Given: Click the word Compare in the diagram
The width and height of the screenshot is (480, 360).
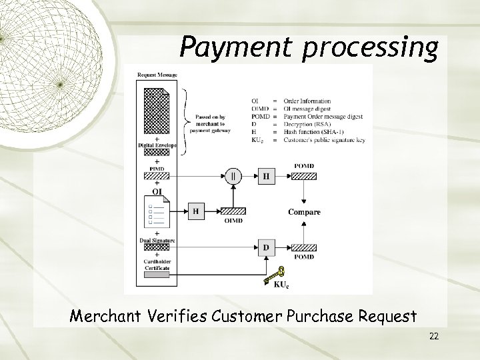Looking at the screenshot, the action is tap(304, 213).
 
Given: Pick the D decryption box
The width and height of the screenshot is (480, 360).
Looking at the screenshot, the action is tap(266, 248).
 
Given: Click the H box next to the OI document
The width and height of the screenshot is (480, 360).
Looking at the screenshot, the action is tap(196, 211).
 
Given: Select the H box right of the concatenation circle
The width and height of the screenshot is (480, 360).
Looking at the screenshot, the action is tap(266, 177).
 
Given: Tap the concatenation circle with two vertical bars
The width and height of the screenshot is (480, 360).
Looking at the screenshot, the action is tap(233, 177).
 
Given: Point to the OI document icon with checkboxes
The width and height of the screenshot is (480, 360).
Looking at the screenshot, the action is tap(155, 211).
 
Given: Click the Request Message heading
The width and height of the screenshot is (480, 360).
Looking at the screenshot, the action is tap(157, 75).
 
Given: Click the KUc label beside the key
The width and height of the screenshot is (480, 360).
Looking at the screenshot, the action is tap(282, 285).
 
